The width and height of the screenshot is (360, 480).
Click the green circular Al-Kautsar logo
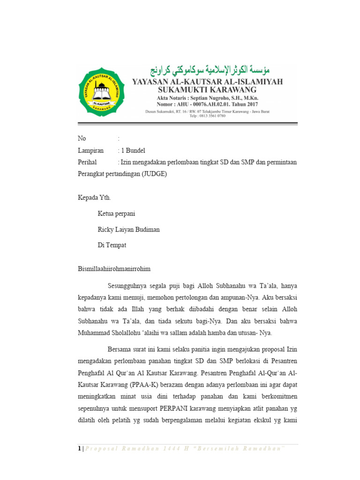click(102, 92)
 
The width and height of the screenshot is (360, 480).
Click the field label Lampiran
click(90, 150)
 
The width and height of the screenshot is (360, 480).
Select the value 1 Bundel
click(133, 150)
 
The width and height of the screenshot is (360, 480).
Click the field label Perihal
click(87, 162)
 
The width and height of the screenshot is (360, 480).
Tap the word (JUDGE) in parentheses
click(153, 173)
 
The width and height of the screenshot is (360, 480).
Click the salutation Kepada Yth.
click(94, 197)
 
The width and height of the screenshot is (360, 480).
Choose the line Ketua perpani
click(116, 214)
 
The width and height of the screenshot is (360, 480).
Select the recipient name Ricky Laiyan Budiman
click(128, 230)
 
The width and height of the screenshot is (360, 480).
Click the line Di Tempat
click(112, 245)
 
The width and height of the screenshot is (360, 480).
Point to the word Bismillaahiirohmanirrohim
click(114, 269)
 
